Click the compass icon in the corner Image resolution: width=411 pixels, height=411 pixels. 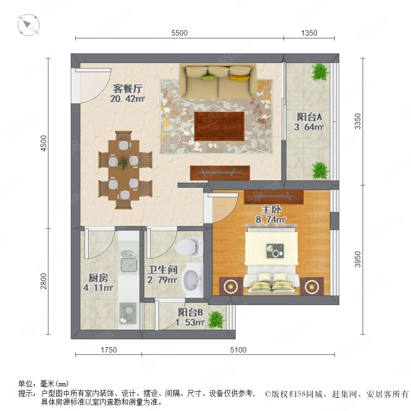tap(29, 25)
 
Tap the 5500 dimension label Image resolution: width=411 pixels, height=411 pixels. tap(179, 33)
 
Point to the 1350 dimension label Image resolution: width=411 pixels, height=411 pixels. tap(309, 33)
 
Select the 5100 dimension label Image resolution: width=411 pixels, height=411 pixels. tap(238, 350)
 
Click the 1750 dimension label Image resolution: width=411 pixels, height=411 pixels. tap(109, 350)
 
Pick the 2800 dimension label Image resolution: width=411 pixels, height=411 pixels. tap(43, 281)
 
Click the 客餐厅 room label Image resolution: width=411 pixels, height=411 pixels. tap(128, 89)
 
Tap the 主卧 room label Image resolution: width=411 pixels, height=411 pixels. tap(271, 209)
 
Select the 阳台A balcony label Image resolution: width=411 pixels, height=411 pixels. tap(309, 117)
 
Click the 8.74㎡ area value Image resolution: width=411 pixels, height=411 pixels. tap(271, 220)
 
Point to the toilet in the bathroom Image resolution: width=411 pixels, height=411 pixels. tap(189, 248)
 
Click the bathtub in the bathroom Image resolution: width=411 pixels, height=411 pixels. tap(193, 279)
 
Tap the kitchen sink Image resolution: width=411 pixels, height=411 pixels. tap(129, 261)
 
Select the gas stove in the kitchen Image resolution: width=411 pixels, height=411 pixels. tap(128, 313)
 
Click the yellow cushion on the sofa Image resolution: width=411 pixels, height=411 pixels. tap(239, 78)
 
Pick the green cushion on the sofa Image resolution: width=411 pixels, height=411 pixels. tap(209, 78)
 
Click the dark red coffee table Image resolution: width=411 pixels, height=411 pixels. tap(219, 126)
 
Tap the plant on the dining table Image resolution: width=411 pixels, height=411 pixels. tap(123, 162)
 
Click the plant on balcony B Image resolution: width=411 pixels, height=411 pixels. tap(216, 320)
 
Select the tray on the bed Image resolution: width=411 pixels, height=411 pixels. tap(275, 251)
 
